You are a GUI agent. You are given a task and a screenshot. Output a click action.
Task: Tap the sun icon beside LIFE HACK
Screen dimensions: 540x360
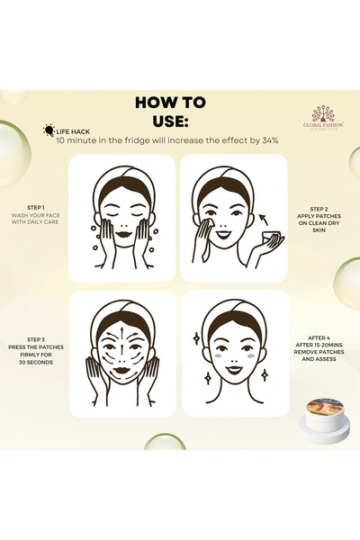[x=48, y=130]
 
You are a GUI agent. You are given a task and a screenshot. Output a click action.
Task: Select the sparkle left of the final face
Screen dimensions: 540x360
[x=195, y=338]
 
